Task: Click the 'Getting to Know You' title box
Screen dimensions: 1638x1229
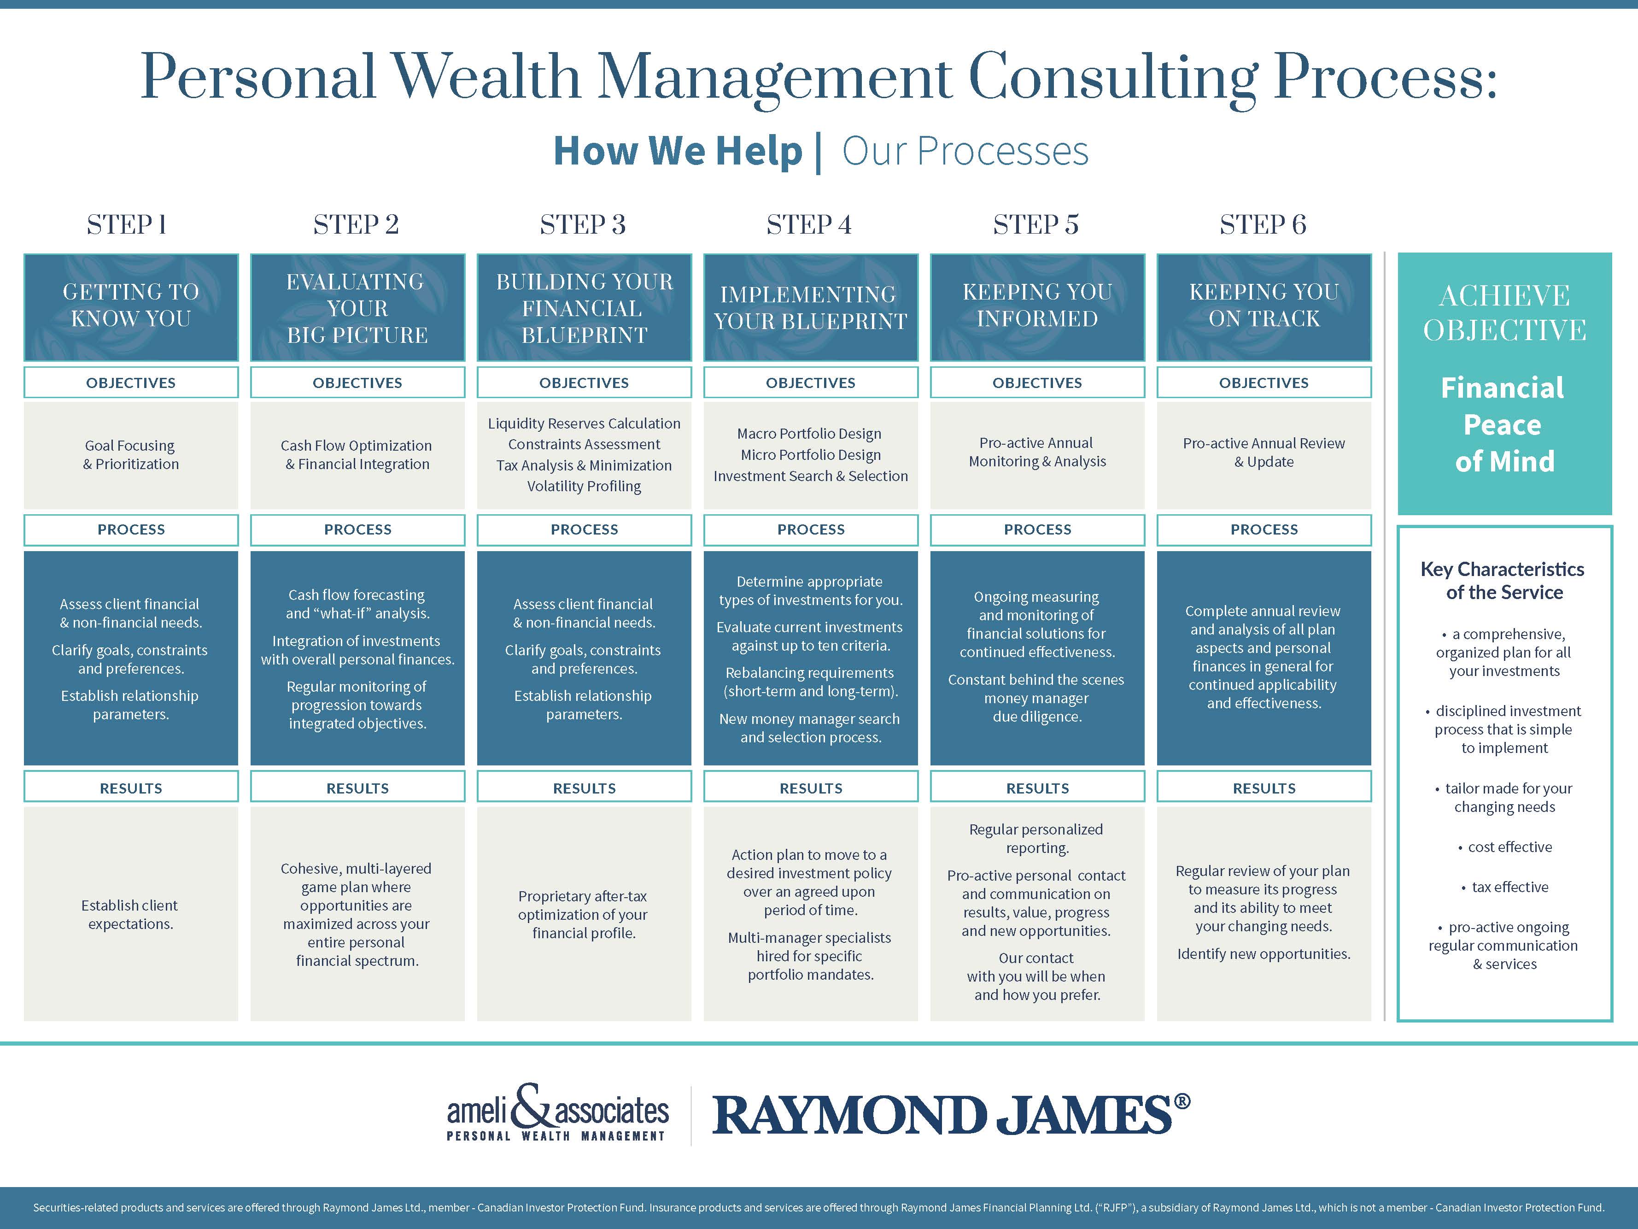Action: pyautogui.click(x=131, y=307)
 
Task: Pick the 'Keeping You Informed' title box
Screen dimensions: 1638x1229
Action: pyautogui.click(x=1037, y=307)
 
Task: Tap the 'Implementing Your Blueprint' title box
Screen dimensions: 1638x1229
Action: pyautogui.click(x=811, y=307)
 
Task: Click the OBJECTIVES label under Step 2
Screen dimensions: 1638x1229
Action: pyautogui.click(x=357, y=383)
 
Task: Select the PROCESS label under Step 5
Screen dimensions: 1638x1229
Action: pyautogui.click(x=1037, y=529)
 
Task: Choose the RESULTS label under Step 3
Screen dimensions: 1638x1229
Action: pyautogui.click(x=584, y=788)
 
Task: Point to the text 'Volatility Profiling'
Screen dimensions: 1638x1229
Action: pyautogui.click(x=584, y=486)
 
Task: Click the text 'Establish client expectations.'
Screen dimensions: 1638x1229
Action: pyautogui.click(x=130, y=915)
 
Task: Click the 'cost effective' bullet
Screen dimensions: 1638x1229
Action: pyautogui.click(x=1505, y=847)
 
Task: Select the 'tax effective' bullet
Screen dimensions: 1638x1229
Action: pyautogui.click(x=1505, y=887)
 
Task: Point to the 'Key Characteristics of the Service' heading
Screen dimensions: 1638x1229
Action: pyautogui.click(x=1503, y=581)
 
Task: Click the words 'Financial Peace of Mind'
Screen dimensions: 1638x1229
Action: pyautogui.click(x=1503, y=424)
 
